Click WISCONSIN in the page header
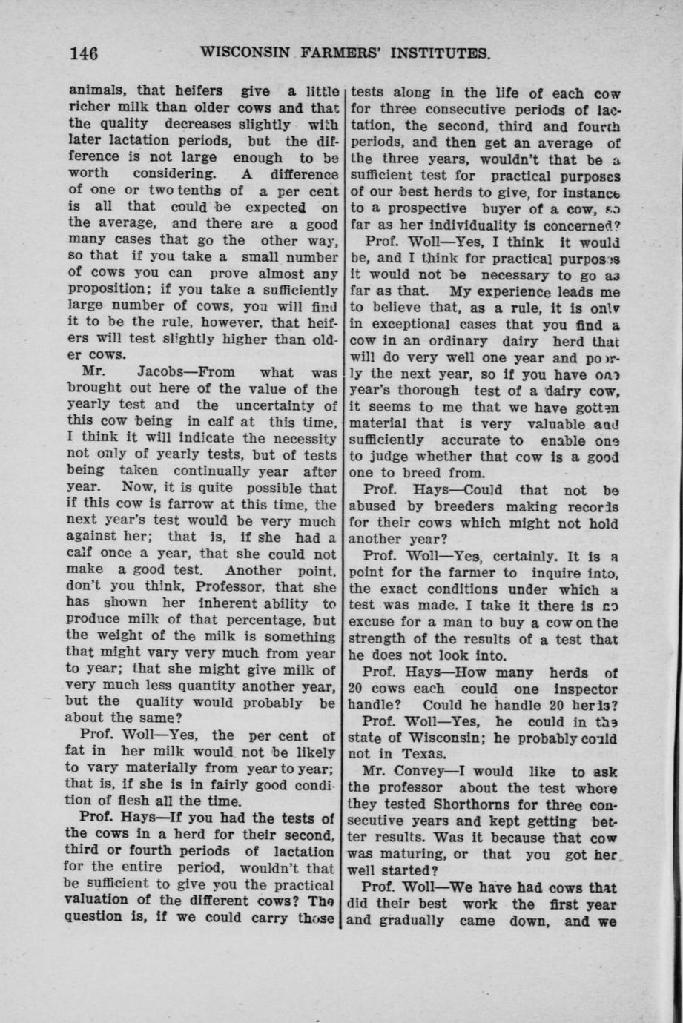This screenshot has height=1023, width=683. (246, 53)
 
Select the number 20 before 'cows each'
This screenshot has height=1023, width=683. (357, 689)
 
